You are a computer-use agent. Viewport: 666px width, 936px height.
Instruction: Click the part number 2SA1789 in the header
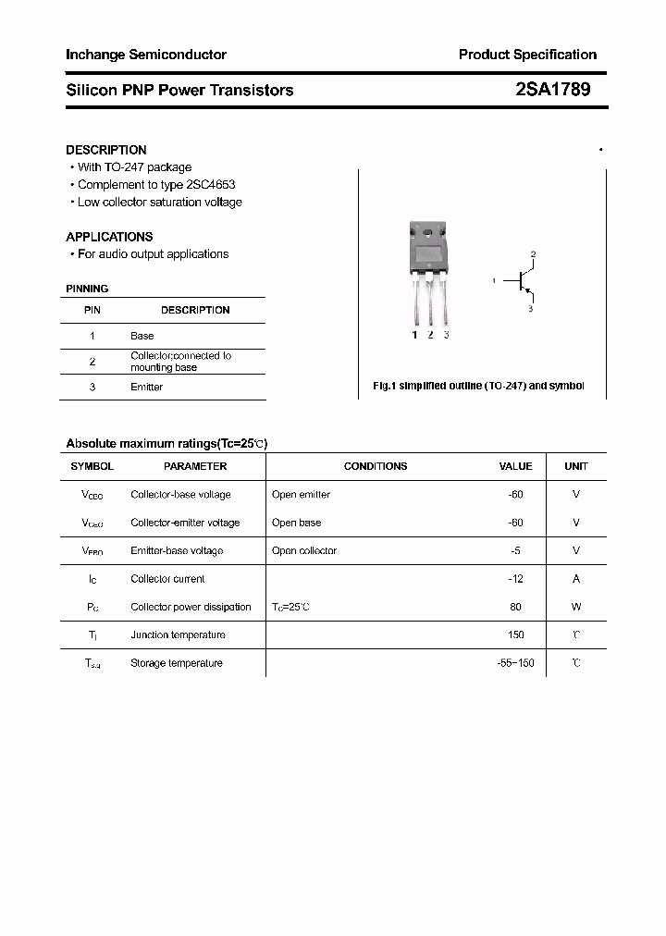point(552,90)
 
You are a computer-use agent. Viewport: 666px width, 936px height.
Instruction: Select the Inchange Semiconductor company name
point(146,55)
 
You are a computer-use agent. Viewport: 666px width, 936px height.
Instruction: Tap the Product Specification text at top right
point(527,55)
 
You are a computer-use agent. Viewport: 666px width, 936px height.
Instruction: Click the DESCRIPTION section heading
point(106,150)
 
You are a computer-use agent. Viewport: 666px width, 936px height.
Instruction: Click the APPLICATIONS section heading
point(109,237)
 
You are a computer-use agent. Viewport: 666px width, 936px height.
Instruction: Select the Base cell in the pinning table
point(142,336)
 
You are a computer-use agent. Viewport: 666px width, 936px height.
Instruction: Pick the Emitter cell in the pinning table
point(146,387)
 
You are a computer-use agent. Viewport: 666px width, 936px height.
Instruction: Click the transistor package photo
point(429,274)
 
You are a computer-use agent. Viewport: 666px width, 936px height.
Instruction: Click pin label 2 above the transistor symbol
point(533,253)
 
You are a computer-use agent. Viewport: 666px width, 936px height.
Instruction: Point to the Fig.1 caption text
point(477,386)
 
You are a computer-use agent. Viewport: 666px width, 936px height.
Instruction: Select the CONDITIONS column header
point(376,466)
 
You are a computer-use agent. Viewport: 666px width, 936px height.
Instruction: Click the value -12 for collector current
point(515,579)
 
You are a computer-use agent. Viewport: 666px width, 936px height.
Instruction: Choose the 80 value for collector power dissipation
point(515,607)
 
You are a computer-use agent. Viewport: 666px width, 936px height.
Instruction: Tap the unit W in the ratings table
point(576,607)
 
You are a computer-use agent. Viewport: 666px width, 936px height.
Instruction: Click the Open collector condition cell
point(304,550)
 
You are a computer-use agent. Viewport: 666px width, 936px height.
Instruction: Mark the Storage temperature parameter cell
point(177,663)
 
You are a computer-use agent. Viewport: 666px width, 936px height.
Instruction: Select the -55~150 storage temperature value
point(515,663)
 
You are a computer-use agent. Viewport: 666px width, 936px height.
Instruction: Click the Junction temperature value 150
point(515,634)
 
